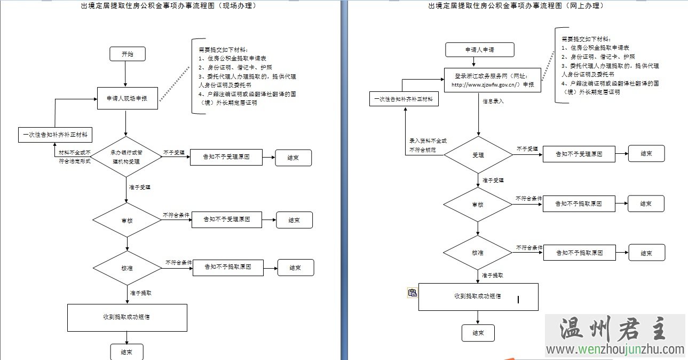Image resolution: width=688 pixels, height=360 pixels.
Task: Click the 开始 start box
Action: point(127,54)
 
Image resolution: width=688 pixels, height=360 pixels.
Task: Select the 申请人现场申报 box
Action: point(128,98)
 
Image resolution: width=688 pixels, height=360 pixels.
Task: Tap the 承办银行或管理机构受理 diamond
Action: point(127,156)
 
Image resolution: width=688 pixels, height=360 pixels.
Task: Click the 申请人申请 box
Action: point(479,50)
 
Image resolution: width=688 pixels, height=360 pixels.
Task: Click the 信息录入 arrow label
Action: point(493,100)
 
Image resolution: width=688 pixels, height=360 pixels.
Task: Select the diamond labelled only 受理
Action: point(478,155)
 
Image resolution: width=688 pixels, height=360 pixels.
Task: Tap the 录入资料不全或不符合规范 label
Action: point(428,145)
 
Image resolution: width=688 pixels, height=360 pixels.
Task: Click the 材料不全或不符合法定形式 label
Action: point(75,156)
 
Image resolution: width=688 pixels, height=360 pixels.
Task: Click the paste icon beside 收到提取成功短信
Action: point(412,292)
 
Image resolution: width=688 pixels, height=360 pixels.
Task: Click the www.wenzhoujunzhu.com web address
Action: point(615,350)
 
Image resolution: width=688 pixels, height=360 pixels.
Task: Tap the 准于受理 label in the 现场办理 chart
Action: point(140,187)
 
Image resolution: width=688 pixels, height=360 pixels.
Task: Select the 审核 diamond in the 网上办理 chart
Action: point(478,205)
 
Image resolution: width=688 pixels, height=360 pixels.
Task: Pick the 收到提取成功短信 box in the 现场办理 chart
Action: point(127,317)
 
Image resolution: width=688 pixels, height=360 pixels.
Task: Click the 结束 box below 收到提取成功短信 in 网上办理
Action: point(478,333)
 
